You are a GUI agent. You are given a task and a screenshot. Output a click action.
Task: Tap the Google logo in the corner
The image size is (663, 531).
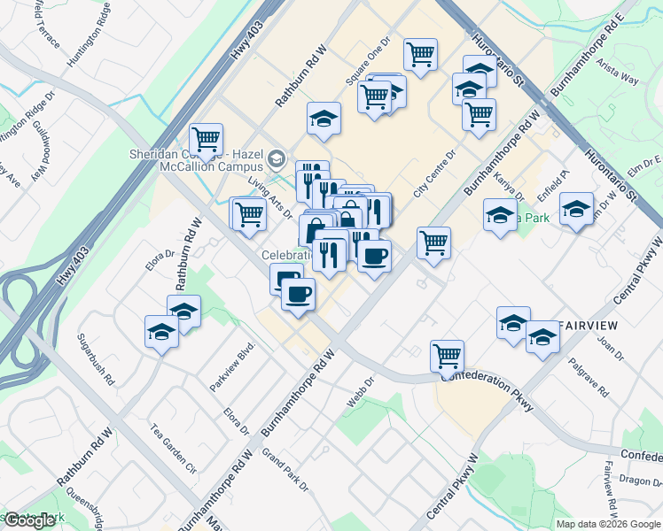[29, 520]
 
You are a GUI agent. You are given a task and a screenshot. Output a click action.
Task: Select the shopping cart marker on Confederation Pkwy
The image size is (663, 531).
[448, 356]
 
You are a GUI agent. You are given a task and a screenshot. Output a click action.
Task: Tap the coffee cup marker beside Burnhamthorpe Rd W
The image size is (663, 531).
[373, 257]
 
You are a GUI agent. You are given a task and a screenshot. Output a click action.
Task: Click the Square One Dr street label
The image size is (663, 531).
[368, 60]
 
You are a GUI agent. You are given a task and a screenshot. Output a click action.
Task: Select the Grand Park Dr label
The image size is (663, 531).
[285, 470]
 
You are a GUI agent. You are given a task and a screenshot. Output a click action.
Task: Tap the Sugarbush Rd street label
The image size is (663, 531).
[97, 358]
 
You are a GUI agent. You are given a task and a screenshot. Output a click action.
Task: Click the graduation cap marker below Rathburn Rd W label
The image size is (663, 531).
[183, 312]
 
